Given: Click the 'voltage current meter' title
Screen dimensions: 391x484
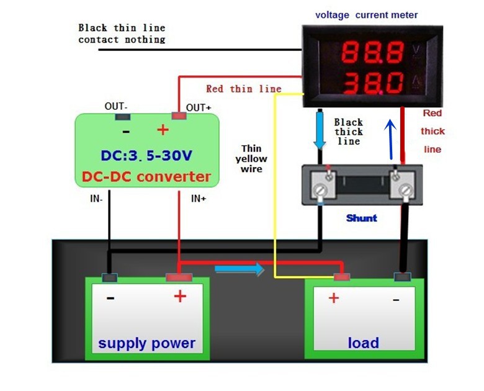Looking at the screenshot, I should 367,15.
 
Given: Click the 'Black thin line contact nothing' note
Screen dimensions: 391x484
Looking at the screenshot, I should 122,34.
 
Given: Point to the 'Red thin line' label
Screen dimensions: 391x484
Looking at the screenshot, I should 243,89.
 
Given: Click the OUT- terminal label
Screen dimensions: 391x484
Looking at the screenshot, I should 115,107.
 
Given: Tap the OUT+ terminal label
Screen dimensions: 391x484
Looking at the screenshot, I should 199,108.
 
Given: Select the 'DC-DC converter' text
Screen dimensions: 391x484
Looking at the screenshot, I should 146,177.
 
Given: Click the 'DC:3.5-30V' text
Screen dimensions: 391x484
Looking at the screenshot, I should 146,155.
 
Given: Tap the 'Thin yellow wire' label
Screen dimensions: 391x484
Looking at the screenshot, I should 252,158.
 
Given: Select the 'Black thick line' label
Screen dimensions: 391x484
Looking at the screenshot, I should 348,132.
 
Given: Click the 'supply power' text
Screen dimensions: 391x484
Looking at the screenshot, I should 146,343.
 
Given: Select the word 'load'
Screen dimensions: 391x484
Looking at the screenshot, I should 364,343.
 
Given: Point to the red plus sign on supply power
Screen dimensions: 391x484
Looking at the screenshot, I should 180,297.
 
